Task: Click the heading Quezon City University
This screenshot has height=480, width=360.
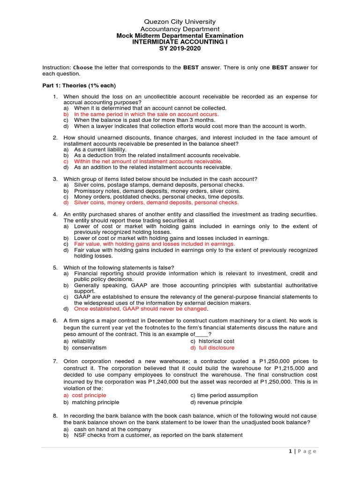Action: click(x=180, y=22)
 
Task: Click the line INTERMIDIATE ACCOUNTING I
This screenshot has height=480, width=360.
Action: click(x=180, y=42)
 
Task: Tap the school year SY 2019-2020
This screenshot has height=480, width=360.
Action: click(x=180, y=49)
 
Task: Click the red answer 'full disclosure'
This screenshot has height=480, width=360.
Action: click(x=212, y=348)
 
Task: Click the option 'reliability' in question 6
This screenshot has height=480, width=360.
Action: click(x=87, y=341)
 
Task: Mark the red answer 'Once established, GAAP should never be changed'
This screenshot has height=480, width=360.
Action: click(x=140, y=309)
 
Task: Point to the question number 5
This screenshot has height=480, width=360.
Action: click(x=54, y=267)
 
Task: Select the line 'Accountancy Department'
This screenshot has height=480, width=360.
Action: click(x=180, y=29)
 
